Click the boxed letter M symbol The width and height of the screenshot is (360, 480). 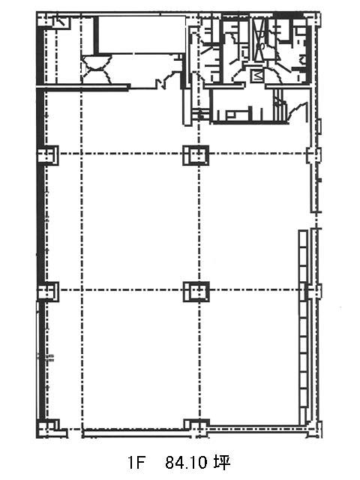pos(256,76)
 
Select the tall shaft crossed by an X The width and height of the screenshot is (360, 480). pos(260,39)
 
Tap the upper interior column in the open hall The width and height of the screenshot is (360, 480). pos(196,155)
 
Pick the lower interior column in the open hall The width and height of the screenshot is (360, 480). pos(196,292)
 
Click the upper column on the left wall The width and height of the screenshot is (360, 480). pos(48,155)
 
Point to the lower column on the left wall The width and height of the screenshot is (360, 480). pos(48,292)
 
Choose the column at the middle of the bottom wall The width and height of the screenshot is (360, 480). pos(196,427)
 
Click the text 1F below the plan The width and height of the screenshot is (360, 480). pos(136,462)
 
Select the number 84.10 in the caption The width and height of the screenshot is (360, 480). pos(186,462)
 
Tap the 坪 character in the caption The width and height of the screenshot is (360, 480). pos(222,462)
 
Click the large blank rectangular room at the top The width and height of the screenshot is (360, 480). pos(142,34)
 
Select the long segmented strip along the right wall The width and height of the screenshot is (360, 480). pos(303,328)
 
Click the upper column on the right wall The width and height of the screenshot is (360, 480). pos(314,154)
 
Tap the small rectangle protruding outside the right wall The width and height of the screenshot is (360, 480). pos(319,126)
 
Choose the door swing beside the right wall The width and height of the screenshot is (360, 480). pos(296,111)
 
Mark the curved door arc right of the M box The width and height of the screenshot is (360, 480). pos(273,75)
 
